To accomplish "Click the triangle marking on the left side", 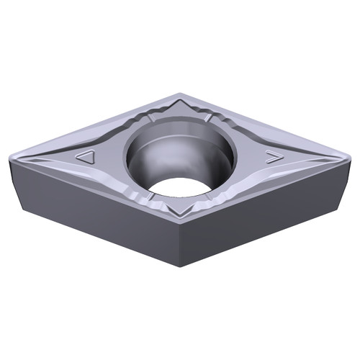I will pyautogui.click(x=86, y=157).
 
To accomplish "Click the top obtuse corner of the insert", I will pyautogui.click(x=180, y=94).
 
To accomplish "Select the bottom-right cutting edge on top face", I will pyautogui.click(x=266, y=189).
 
